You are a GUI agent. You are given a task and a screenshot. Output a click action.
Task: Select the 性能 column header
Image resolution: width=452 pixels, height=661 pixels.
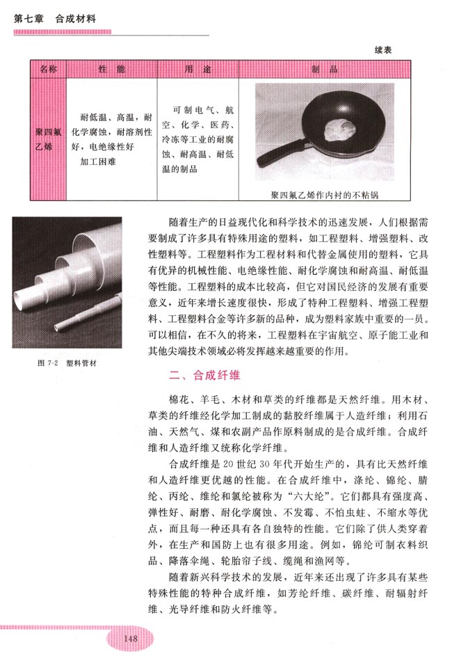[112, 70]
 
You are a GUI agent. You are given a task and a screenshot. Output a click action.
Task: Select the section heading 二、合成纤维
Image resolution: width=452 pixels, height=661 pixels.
[206, 376]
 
